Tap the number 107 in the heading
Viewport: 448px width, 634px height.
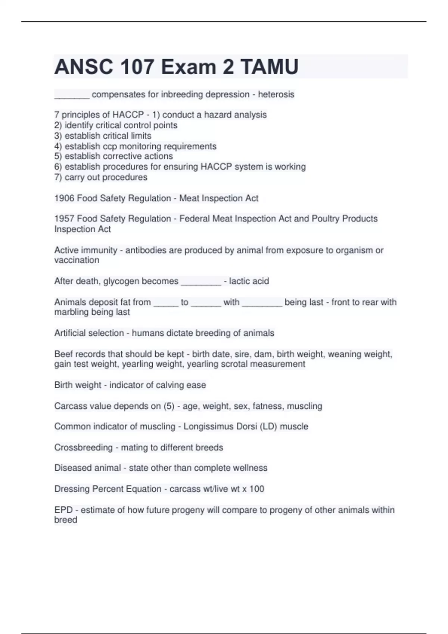pyautogui.click(x=137, y=67)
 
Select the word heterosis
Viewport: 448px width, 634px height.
pyautogui.click(x=276, y=94)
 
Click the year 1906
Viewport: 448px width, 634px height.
pyautogui.click(x=64, y=198)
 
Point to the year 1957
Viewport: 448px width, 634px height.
pyautogui.click(x=64, y=219)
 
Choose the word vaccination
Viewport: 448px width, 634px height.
pyautogui.click(x=77, y=260)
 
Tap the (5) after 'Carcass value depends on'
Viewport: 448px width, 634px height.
pyautogui.click(x=169, y=406)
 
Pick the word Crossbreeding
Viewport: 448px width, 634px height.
pyautogui.click(x=83, y=447)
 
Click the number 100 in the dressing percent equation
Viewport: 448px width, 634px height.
pyautogui.click(x=256, y=489)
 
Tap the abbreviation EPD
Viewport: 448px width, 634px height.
pyautogui.click(x=63, y=510)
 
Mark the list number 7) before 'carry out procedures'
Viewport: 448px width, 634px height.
pyautogui.click(x=58, y=177)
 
